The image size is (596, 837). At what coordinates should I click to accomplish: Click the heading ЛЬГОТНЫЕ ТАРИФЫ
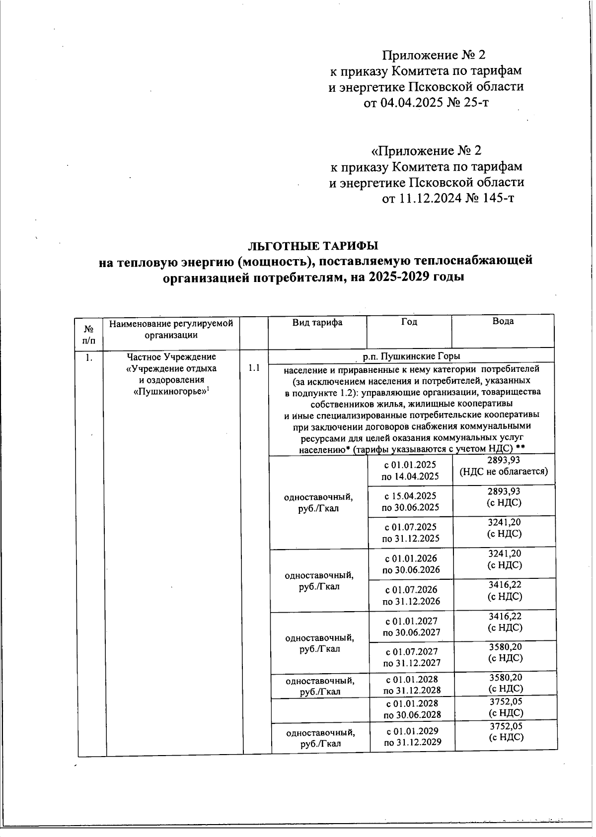313,246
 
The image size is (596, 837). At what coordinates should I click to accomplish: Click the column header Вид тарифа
317,323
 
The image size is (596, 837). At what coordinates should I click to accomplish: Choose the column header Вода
503,321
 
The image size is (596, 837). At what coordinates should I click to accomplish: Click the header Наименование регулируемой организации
171,329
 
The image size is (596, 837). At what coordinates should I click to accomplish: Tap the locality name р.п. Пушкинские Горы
411,356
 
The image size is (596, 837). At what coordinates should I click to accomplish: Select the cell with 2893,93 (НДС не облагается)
504,466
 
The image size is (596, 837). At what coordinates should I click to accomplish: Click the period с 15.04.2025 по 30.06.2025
410,501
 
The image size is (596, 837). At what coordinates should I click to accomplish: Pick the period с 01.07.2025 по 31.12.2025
410,532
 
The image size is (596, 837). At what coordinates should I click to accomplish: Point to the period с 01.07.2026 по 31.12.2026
411,595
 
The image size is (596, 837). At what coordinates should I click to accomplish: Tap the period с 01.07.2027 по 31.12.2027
411,657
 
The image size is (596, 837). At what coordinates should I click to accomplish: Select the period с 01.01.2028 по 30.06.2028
412,709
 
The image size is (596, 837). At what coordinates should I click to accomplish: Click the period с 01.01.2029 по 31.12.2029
412,737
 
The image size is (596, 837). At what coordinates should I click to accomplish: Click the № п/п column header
89,334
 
